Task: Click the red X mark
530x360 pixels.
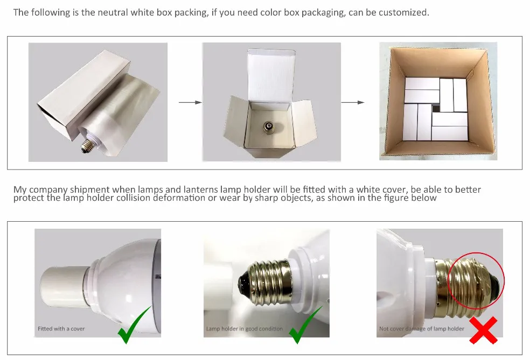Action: tap(483, 329)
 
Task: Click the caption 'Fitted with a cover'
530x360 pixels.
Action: tap(61, 328)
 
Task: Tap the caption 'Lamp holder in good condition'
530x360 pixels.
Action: tap(245, 328)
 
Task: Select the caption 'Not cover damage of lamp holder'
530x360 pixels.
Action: tap(422, 328)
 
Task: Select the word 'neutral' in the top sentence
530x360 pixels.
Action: tap(110, 12)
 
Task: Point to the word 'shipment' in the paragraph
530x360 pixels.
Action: tap(90, 189)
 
